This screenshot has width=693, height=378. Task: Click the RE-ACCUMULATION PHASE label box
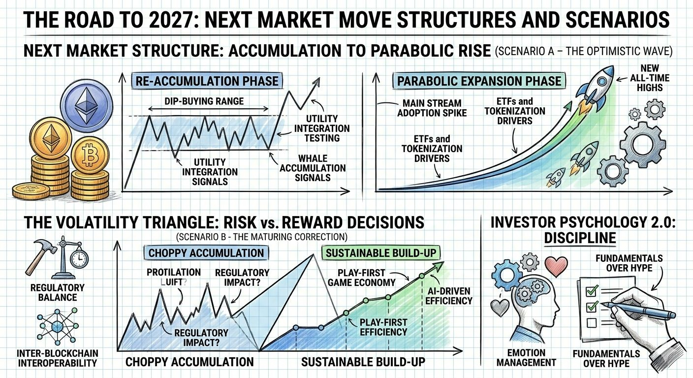pyautogui.click(x=207, y=81)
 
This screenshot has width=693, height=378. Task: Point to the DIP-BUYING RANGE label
pyautogui.click(x=204, y=101)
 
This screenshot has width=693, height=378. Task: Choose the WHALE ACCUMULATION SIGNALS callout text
pyautogui.click(x=313, y=168)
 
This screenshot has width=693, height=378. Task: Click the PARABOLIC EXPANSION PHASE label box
pyautogui.click(x=479, y=81)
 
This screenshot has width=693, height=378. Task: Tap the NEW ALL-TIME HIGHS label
pyautogui.click(x=650, y=78)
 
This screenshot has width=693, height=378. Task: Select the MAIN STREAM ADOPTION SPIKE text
pyautogui.click(x=432, y=108)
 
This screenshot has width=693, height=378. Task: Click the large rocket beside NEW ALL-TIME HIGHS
pyautogui.click(x=594, y=88)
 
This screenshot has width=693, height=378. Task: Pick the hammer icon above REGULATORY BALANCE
pyautogui.click(x=41, y=255)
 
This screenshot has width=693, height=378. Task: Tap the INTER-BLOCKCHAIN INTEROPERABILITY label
pyautogui.click(x=58, y=358)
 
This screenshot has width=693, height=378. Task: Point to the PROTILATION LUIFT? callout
pyautogui.click(x=174, y=277)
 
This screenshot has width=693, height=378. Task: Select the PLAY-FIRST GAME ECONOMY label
pyautogui.click(x=361, y=278)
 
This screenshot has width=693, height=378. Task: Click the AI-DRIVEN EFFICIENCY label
pyautogui.click(x=448, y=296)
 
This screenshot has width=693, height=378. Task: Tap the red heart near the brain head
pyautogui.click(x=556, y=266)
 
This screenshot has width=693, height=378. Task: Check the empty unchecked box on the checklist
pyautogui.click(x=592, y=323)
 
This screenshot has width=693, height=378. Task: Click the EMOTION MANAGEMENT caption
pyautogui.click(x=526, y=357)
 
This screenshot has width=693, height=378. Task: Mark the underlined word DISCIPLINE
pyautogui.click(x=580, y=238)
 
